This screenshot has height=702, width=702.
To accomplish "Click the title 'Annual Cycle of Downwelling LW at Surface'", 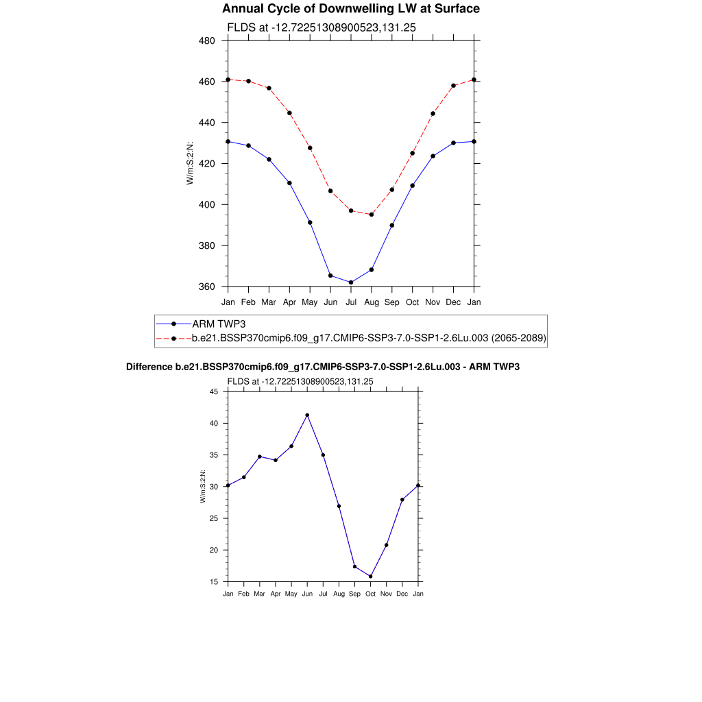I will tap(351, 9).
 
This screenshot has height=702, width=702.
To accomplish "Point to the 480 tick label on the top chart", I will tap(207, 40).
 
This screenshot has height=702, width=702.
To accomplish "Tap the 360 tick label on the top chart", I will tap(207, 287).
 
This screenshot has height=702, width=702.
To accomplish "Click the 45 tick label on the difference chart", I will tap(213, 391).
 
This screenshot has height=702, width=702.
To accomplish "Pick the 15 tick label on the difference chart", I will tap(213, 582).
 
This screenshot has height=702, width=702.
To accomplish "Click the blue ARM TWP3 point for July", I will tap(351, 282).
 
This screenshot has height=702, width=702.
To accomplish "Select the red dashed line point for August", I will tap(372, 215).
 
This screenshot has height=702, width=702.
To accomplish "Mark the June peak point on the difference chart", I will tap(307, 415).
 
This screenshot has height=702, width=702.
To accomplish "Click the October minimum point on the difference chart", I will tap(371, 577).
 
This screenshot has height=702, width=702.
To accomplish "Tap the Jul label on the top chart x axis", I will tap(351, 302).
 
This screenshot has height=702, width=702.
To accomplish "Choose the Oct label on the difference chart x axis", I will tap(371, 594).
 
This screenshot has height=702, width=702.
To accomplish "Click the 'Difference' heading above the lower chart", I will tap(323, 367).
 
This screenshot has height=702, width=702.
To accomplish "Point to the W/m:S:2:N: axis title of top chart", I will tap(190, 163).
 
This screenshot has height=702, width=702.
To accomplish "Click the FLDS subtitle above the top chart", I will tap(322, 27).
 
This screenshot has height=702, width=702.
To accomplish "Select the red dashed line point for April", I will tap(289, 113).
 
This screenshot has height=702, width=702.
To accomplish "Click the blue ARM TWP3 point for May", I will tap(310, 222).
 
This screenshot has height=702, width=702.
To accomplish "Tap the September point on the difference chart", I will tap(354, 566).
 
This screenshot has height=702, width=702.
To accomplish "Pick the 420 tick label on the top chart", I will tap(207, 164).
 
